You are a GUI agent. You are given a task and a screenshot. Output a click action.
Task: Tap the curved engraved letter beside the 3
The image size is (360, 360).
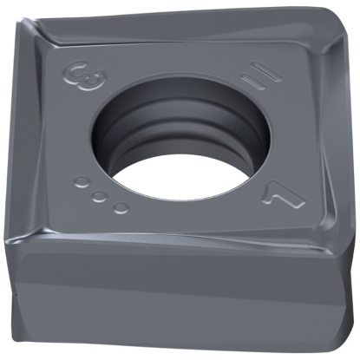72,72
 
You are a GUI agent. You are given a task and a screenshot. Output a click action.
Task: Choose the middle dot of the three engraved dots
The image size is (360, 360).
100,195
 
